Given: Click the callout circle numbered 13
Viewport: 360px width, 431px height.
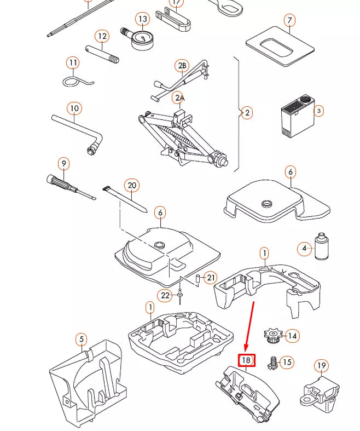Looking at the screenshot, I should pos(143,20).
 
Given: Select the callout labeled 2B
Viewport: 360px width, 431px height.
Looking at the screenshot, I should pos(182,66).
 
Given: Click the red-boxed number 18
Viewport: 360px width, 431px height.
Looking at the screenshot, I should pos(246,360).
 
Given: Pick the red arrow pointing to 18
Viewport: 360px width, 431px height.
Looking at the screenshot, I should pos(249,326).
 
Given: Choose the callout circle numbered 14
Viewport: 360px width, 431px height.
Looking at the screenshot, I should pos(293,336).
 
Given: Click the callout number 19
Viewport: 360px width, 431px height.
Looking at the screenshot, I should pos(321,366).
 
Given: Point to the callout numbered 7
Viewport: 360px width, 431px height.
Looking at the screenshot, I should pos(290,21).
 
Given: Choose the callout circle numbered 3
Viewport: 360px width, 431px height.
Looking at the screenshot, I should pos(318,111).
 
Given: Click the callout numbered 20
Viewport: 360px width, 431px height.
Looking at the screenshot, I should pos(131,185).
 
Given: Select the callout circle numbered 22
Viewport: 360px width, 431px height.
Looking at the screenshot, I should pos(165,296).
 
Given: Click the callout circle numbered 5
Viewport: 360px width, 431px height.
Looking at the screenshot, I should pos(81,340).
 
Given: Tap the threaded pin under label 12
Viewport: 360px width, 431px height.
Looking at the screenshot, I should pos(102,54).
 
